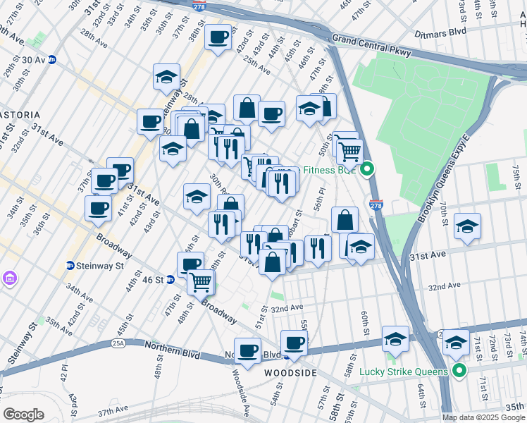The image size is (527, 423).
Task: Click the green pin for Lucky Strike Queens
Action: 459,370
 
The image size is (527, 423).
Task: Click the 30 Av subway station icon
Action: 51,60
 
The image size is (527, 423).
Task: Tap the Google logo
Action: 24,414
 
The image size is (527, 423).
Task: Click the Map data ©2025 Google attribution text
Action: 483,417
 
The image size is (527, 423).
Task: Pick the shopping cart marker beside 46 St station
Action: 201,281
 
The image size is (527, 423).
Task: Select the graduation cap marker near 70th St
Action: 467,227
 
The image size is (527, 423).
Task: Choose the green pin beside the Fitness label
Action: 366,169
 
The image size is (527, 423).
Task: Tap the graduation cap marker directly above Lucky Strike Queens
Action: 456,342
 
